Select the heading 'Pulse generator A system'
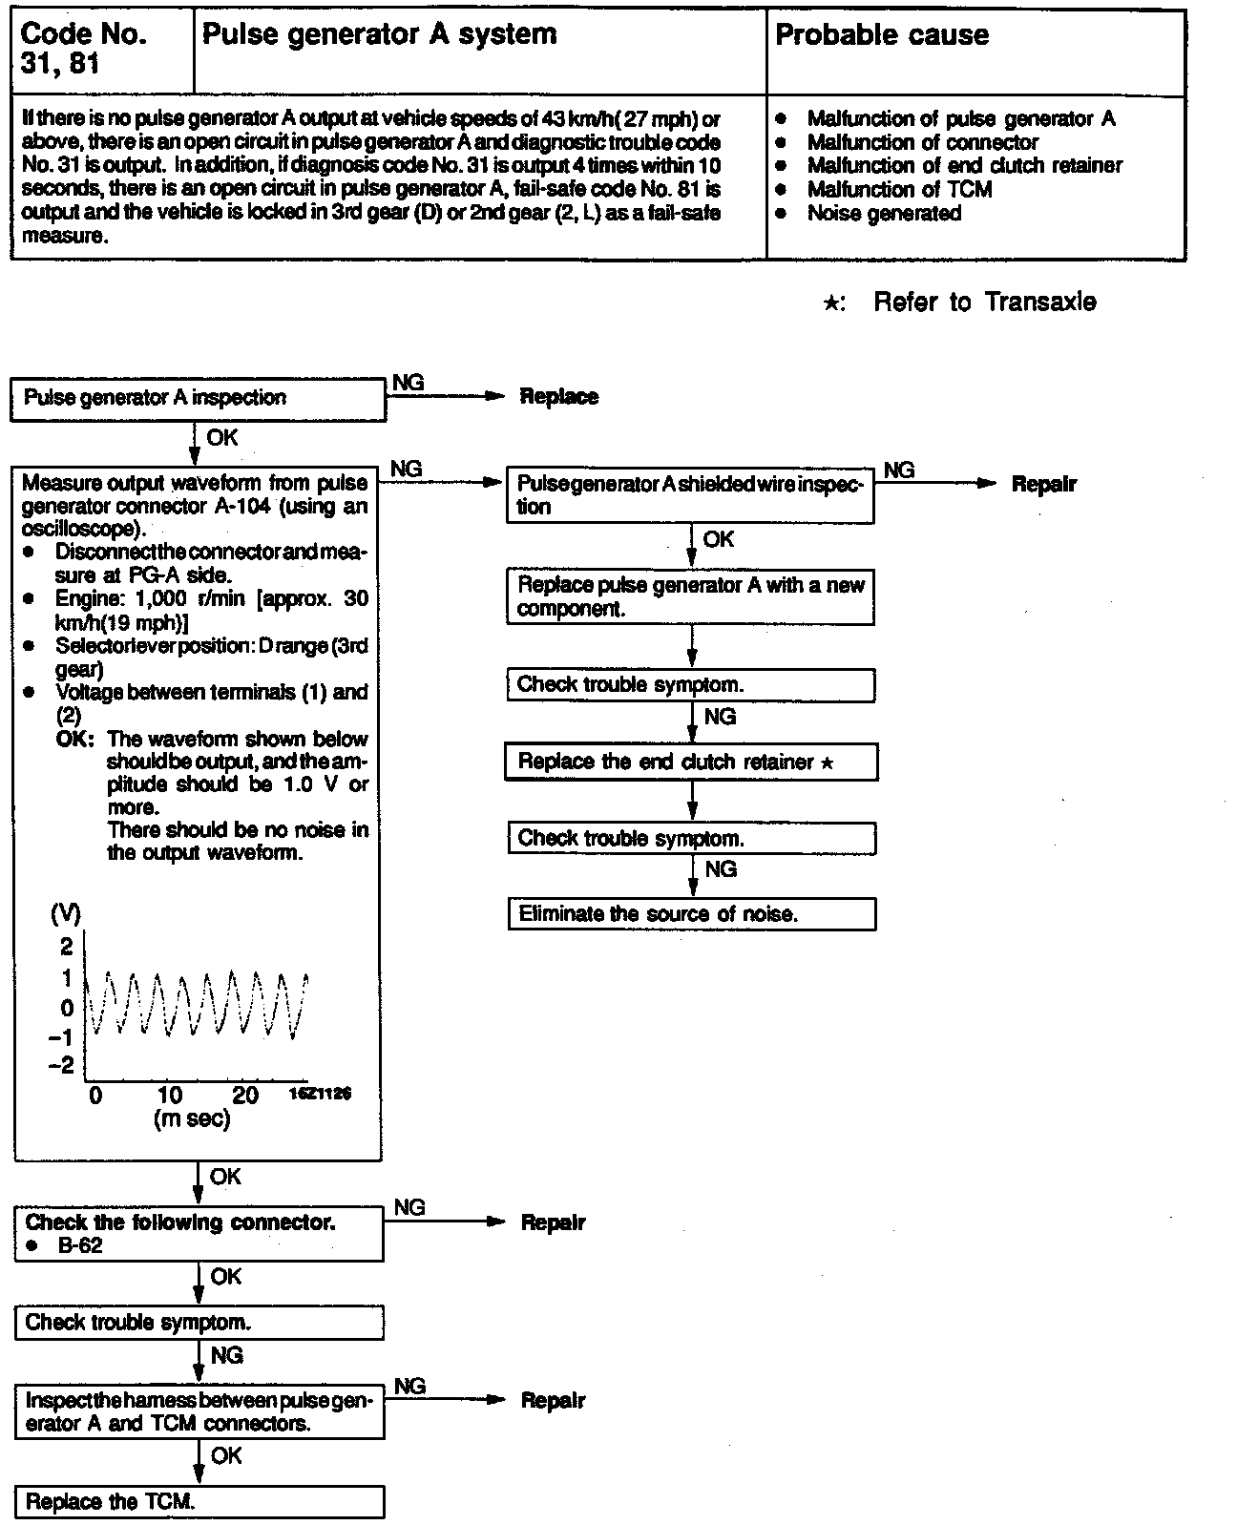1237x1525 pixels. pyautogui.click(x=379, y=35)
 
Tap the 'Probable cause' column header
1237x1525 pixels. pyautogui.click(x=882, y=36)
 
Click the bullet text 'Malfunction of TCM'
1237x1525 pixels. pyautogui.click(x=899, y=190)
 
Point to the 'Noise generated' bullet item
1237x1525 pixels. pyautogui.click(x=884, y=213)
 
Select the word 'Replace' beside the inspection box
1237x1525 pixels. pyautogui.click(x=559, y=397)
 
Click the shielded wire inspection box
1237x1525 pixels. pyautogui.click(x=689, y=495)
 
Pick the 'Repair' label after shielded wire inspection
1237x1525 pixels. pyautogui.click(x=1043, y=484)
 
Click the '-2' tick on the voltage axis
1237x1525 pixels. pyautogui.click(x=61, y=1066)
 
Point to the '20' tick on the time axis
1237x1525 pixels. pyautogui.click(x=245, y=1096)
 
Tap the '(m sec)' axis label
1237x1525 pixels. pyautogui.click(x=192, y=1119)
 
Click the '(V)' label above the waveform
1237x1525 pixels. pyautogui.click(x=65, y=913)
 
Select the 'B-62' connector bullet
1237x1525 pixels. pyautogui.click(x=79, y=1245)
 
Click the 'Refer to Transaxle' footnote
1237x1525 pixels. pyautogui.click(x=983, y=303)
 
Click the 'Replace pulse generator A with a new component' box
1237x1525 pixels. pyautogui.click(x=689, y=596)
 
